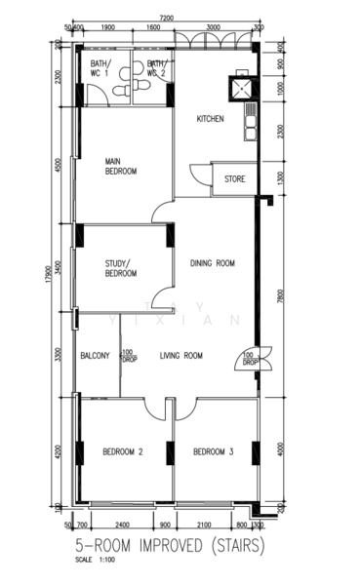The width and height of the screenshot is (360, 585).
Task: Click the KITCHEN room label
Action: (211, 119)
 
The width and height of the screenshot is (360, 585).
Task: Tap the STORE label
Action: (235, 178)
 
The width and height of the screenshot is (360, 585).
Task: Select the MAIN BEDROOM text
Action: (121, 166)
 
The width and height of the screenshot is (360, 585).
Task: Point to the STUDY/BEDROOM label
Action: (121, 268)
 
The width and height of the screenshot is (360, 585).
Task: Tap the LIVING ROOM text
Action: (181, 356)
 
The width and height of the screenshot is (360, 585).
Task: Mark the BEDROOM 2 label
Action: (123, 451)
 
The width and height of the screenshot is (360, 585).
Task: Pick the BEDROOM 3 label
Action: (213, 451)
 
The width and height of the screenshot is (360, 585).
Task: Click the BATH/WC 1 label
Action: (101, 68)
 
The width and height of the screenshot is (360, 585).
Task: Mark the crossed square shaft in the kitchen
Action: (239, 88)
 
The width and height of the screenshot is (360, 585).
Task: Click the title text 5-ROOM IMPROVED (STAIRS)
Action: (169, 548)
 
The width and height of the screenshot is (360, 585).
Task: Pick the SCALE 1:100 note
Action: (93, 561)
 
